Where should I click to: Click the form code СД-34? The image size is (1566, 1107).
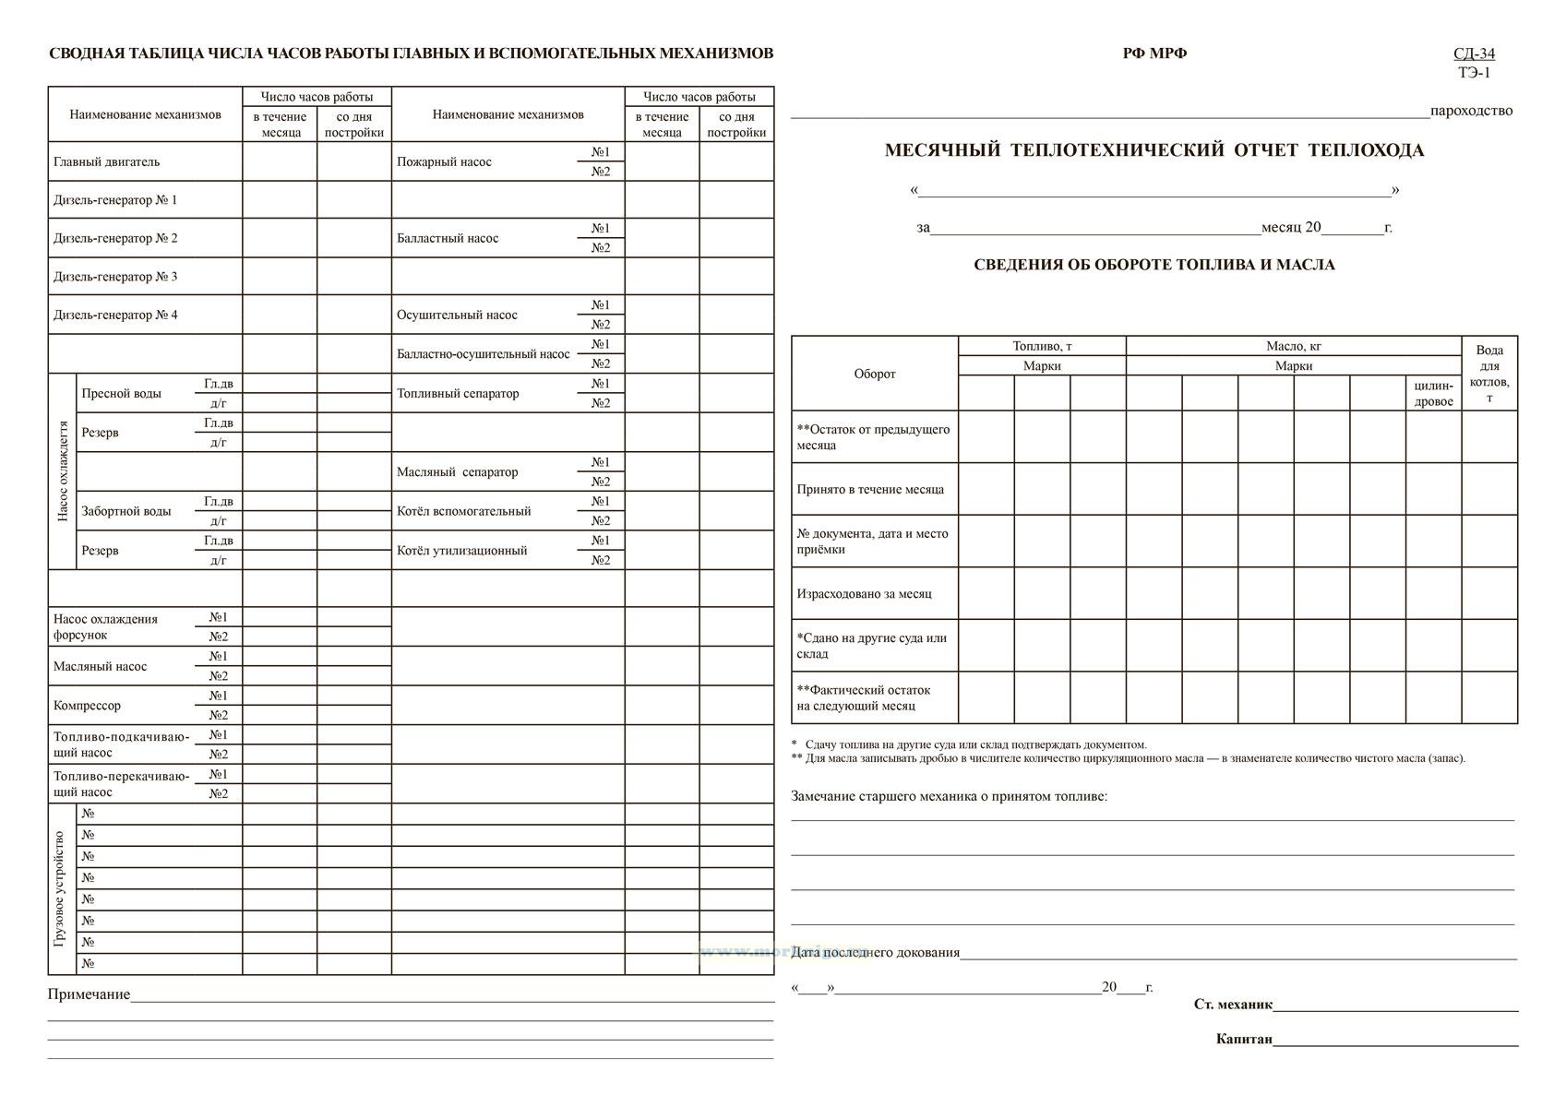(1474, 54)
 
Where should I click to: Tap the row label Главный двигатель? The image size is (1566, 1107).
(106, 161)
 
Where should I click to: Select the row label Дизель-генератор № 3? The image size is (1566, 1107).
(115, 277)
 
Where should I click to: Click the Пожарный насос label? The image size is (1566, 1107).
(444, 161)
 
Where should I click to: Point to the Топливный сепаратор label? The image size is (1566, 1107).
(458, 393)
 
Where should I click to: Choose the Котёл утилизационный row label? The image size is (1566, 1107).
(461, 551)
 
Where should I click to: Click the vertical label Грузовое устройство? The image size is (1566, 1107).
(61, 888)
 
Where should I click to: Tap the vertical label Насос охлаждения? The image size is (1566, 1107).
(63, 471)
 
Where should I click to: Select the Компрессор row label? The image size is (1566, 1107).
(87, 706)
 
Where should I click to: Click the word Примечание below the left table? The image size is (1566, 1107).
(89, 994)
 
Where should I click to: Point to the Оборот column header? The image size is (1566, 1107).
(874, 374)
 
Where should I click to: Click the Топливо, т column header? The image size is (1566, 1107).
(1042, 346)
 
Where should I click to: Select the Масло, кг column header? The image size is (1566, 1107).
(1293, 346)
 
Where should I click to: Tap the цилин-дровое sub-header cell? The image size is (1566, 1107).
(1433, 394)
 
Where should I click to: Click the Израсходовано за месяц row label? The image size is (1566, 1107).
(864, 593)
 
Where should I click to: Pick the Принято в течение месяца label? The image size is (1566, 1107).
(870, 489)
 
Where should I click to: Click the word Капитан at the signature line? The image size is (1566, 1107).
(1244, 1040)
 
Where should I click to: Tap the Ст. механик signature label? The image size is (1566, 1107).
(1233, 1005)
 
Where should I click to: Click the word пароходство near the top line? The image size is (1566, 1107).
(1471, 111)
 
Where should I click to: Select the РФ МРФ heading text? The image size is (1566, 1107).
(1154, 54)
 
